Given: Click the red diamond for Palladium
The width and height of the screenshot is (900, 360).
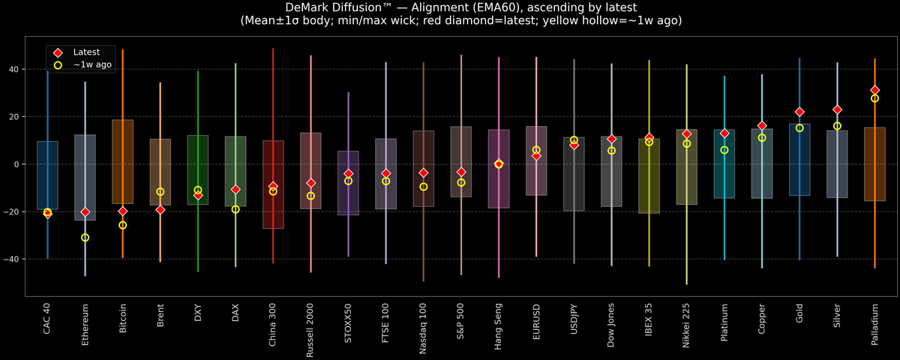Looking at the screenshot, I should click(x=874, y=90).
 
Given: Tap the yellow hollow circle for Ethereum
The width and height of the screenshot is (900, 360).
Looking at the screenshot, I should click(x=85, y=238).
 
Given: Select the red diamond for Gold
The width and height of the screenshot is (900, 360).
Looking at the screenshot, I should click(x=799, y=112).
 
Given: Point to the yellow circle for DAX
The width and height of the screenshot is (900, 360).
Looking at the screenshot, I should click(x=235, y=209).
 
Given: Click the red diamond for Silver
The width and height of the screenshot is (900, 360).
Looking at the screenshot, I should click(x=837, y=109).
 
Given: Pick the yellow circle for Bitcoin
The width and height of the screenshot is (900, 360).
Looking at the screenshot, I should click(x=123, y=225).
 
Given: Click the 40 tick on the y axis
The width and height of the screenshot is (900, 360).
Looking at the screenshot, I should click(x=15, y=69).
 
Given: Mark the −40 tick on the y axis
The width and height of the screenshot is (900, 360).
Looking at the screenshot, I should click(x=13, y=259).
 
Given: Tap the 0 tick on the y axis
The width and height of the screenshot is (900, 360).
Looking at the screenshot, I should click(x=18, y=164).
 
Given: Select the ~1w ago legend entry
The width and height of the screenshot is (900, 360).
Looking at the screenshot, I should click(x=92, y=65).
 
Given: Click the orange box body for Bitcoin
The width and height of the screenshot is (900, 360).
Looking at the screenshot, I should click(x=123, y=161).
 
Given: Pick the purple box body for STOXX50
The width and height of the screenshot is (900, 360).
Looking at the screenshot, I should click(x=348, y=183).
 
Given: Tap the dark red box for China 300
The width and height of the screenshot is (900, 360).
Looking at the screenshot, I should click(x=273, y=184).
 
